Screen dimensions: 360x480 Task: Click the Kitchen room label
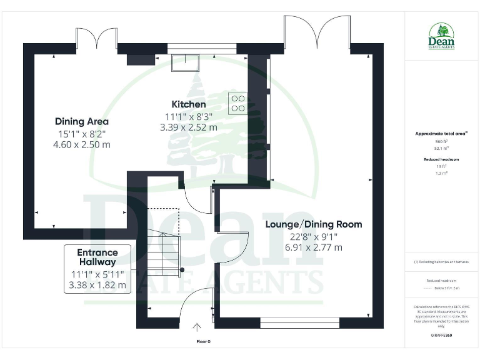coord(188,104)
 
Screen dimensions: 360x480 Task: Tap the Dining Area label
coord(81,121)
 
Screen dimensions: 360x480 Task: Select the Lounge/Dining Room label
coord(313,224)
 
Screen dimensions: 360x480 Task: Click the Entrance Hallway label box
coord(97,269)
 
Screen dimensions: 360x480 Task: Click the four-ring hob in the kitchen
coord(237,103)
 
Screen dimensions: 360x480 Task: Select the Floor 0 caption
coord(204,342)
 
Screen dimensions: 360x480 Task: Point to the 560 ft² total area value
coord(442,142)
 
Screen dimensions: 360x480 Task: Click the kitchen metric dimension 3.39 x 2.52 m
coord(188,127)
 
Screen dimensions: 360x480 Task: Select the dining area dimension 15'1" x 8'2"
coord(81,133)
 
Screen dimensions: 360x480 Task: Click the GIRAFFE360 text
coord(442,336)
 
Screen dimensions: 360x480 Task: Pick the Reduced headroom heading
coord(442,159)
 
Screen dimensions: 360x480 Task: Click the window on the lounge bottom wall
coord(299,322)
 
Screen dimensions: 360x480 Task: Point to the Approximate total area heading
coord(442,134)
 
